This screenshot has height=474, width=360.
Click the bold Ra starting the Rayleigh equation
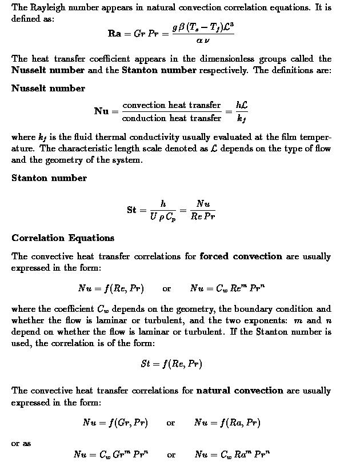click(x=114, y=33)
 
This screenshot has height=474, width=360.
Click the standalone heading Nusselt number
click(x=48, y=89)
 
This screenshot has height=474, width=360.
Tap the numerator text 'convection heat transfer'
click(x=171, y=105)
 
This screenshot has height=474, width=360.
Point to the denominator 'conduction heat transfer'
click(x=171, y=118)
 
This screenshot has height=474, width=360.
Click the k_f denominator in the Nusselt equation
click(x=241, y=119)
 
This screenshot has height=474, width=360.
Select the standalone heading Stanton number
click(x=49, y=178)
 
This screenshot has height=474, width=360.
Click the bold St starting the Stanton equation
click(x=131, y=210)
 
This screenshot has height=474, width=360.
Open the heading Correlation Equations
click(x=63, y=238)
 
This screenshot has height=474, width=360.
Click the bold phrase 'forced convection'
click(x=241, y=256)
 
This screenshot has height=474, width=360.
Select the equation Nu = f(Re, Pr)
click(x=111, y=288)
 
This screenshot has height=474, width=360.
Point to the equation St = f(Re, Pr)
click(x=171, y=364)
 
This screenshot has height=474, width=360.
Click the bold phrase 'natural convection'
click(x=239, y=391)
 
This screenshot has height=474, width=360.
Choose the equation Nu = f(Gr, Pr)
click(x=115, y=423)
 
